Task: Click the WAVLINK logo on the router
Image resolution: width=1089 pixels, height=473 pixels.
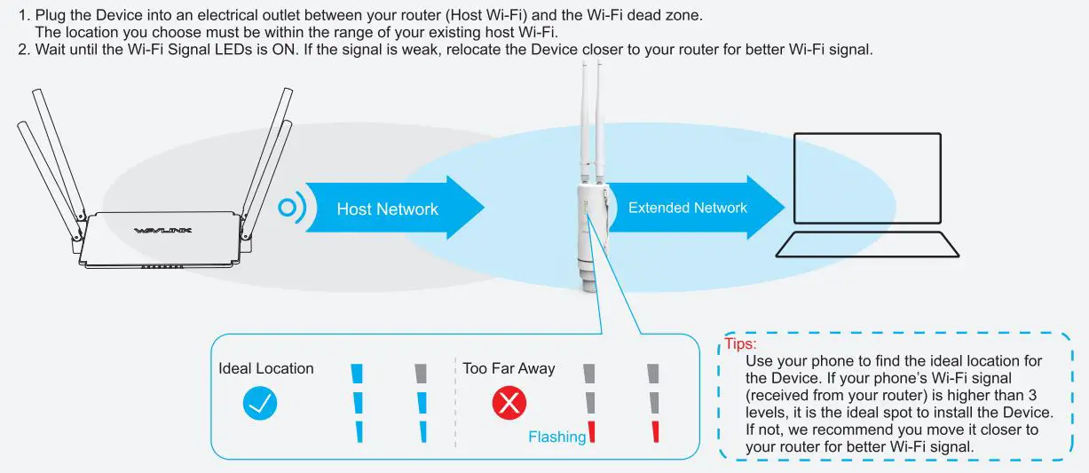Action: click(162, 231)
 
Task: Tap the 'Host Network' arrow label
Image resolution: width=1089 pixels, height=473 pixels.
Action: click(387, 209)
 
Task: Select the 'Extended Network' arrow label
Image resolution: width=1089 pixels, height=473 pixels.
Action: click(687, 208)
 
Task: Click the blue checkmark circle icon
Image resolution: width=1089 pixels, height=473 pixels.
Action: click(260, 404)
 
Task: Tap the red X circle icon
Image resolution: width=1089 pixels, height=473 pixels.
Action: click(509, 404)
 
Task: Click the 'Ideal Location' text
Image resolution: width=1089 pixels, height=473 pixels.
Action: click(266, 368)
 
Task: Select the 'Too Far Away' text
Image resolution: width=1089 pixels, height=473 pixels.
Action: click(509, 368)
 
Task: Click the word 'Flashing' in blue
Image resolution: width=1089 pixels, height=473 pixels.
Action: click(556, 437)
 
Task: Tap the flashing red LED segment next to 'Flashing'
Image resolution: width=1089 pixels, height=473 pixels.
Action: click(590, 432)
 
